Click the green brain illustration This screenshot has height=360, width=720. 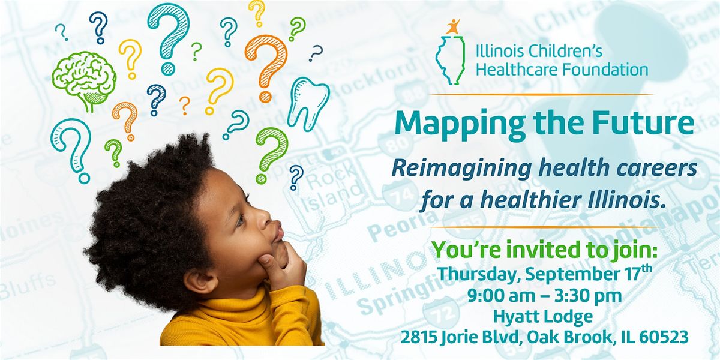84,80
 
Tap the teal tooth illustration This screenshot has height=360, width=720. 308,103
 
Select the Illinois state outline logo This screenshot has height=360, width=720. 451,60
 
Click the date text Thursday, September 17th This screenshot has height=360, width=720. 544,273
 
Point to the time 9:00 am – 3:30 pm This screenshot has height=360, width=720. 544,296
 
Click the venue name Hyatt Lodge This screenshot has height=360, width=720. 543,317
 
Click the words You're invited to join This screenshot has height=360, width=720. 544,250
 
